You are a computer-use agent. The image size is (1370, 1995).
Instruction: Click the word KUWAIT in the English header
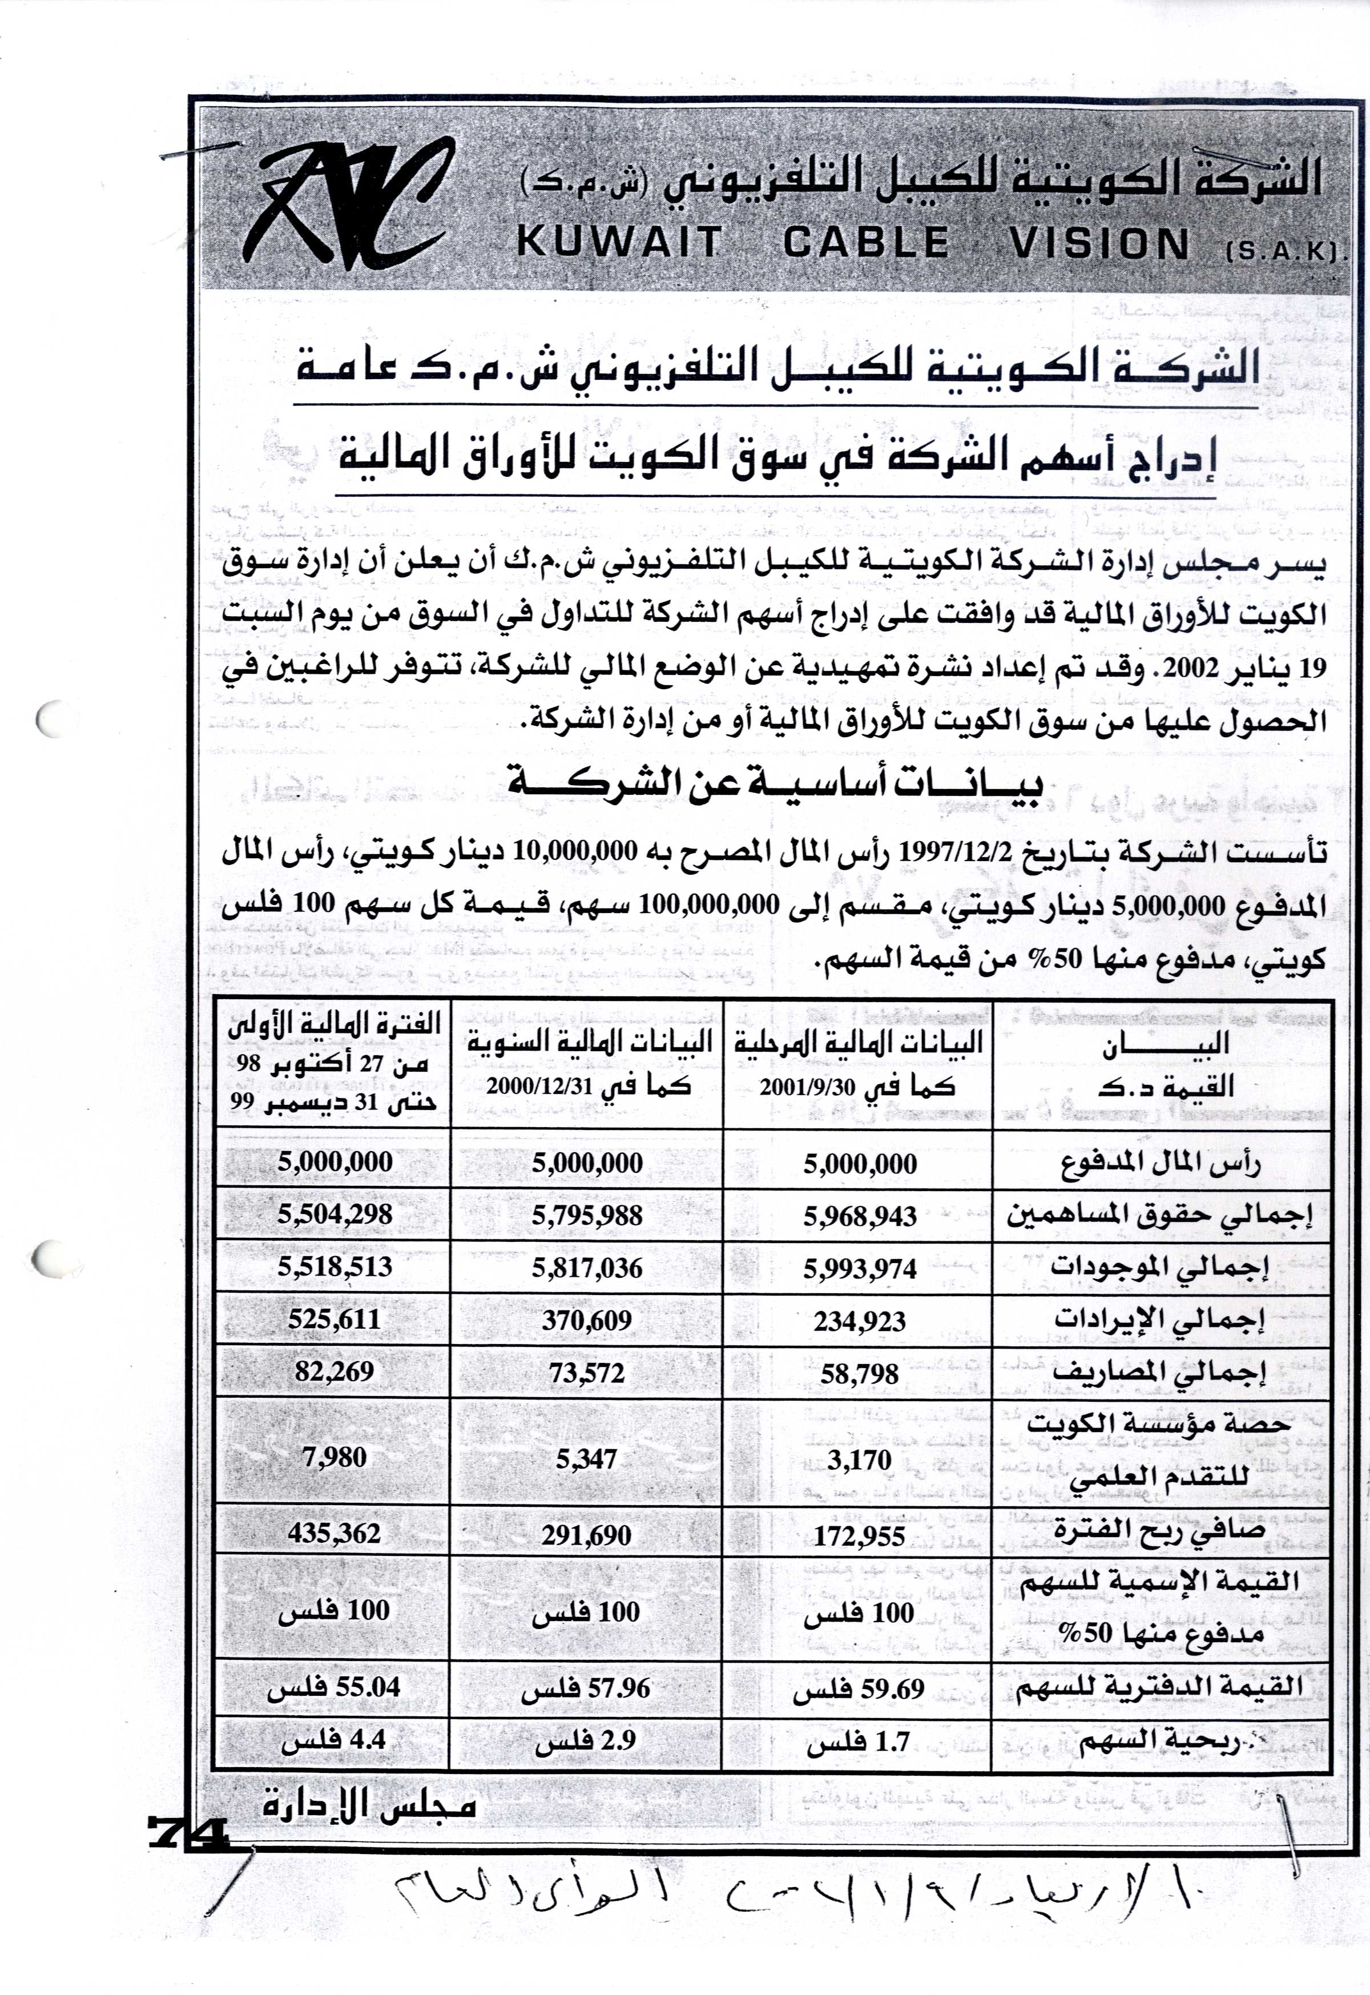coord(620,243)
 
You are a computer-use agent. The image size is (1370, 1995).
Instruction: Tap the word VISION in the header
coord(1099,244)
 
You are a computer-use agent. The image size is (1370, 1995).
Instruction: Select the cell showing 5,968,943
coord(860,1216)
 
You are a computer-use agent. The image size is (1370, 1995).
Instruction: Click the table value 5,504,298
coord(335,1214)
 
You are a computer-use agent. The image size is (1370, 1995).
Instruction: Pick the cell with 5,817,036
coord(587,1268)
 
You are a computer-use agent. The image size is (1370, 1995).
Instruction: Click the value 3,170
coord(860,1459)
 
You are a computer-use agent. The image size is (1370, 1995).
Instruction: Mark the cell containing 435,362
coord(335,1534)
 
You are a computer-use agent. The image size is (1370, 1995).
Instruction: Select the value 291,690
coord(587,1536)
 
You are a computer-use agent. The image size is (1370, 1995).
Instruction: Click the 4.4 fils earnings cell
coord(335,1740)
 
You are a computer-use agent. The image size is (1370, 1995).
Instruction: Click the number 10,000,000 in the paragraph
coord(575,852)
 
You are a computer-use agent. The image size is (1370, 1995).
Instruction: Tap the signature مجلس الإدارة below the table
coord(369,1806)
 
